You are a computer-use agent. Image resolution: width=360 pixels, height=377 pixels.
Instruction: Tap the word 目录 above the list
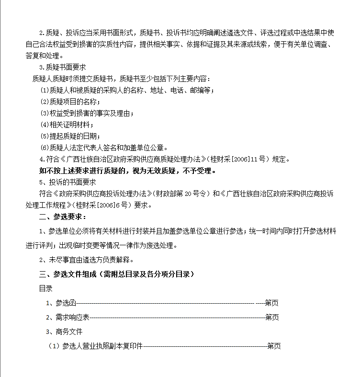pyautogui.click(x=45, y=288)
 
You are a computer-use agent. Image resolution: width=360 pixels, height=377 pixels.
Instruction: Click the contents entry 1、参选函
pyautogui.click(x=61, y=303)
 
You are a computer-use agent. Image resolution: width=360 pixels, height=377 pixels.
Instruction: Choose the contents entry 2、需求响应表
pyautogui.click(x=67, y=317)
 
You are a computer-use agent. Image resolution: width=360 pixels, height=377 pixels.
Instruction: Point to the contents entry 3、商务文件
pyautogui.click(x=64, y=331)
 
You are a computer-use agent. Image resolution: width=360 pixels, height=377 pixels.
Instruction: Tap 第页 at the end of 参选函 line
pyautogui.click(x=271, y=303)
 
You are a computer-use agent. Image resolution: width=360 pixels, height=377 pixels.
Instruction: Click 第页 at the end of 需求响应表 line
pyautogui.click(x=272, y=317)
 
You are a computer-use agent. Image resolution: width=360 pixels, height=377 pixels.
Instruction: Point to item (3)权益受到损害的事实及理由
pyautogui.click(x=87, y=113)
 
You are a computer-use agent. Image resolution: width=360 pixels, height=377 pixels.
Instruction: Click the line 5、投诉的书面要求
pyautogui.click(x=67, y=182)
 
